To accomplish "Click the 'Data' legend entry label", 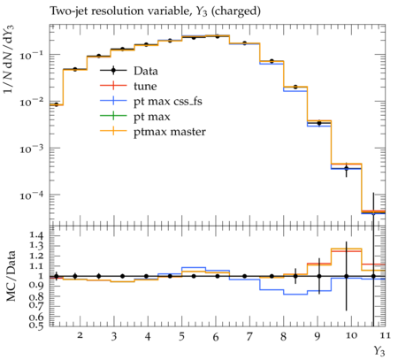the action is (x=146, y=71).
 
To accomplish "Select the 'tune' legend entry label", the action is (x=145, y=86).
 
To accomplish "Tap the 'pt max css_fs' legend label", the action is (x=168, y=102).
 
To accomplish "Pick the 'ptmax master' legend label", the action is (x=170, y=132).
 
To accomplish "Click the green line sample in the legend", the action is (x=113, y=117).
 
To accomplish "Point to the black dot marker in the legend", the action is (x=113, y=71).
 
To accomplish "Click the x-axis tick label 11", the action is (x=386, y=335).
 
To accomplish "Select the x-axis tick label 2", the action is (x=80, y=335).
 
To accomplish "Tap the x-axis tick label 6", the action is (x=216, y=336).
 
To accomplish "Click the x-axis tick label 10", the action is (x=351, y=335).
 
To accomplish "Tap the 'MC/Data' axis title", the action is (x=11, y=276).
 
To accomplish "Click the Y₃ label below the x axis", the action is (x=379, y=351).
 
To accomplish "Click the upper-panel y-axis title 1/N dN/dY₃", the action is (x=9, y=59).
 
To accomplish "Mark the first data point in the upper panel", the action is (x=56, y=104).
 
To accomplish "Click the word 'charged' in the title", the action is (x=236, y=11).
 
